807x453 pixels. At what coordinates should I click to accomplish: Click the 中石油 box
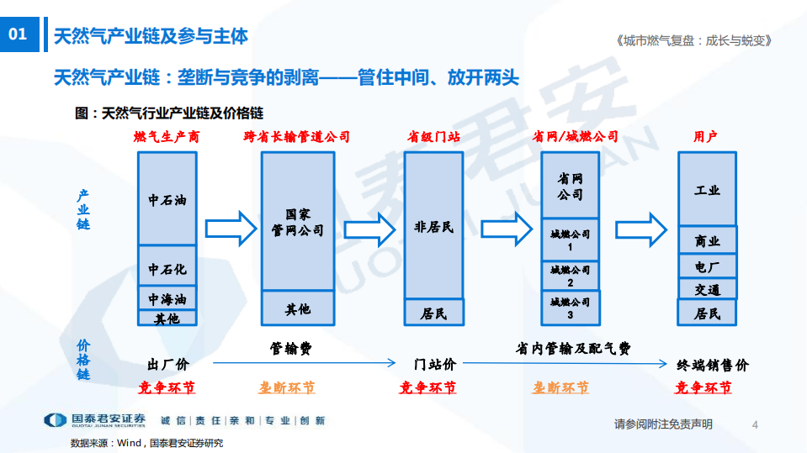coord(167,199)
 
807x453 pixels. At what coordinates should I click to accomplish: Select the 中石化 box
coord(167,268)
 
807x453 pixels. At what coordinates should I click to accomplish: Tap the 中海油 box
coord(167,298)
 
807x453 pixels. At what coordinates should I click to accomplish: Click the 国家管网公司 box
coord(298,221)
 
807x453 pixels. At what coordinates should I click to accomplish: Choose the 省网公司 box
coord(570,187)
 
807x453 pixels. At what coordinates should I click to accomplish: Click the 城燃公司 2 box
coord(570,277)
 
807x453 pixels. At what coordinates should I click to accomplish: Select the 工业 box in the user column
coord(707,189)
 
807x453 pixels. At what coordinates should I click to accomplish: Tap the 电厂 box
coord(707,266)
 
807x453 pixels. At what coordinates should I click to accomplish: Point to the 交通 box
coord(707,289)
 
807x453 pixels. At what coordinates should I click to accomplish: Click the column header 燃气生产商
coord(167,137)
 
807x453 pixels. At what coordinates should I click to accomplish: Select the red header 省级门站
coord(433,137)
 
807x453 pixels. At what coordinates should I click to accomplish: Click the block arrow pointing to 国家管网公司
coord(230,227)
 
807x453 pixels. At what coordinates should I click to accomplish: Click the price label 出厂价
coord(168,365)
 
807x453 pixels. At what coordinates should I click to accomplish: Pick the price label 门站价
coord(435,365)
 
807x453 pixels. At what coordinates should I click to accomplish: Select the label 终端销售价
coord(712,365)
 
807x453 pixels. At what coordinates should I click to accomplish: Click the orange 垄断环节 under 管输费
coord(287,388)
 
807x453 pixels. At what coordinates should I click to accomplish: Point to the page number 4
coord(755,424)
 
